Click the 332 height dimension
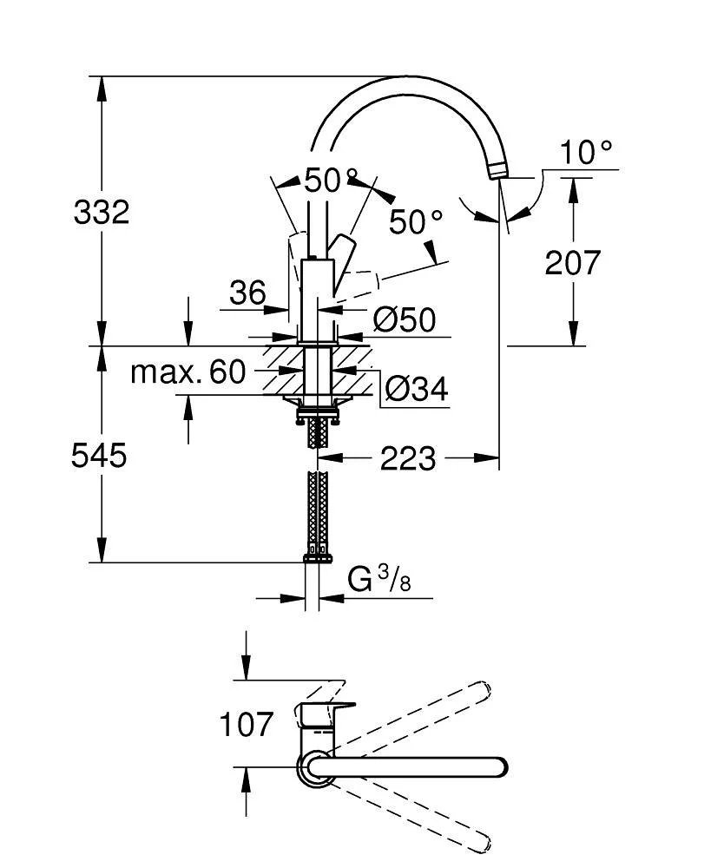(102, 212)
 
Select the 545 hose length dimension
(99, 455)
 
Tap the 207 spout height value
(573, 262)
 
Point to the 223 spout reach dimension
(408, 457)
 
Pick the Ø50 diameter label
(404, 320)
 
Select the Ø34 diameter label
(416, 390)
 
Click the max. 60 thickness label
(188, 372)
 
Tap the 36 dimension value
(247, 293)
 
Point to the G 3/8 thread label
(378, 579)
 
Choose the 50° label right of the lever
(416, 222)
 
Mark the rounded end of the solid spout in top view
(498, 767)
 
